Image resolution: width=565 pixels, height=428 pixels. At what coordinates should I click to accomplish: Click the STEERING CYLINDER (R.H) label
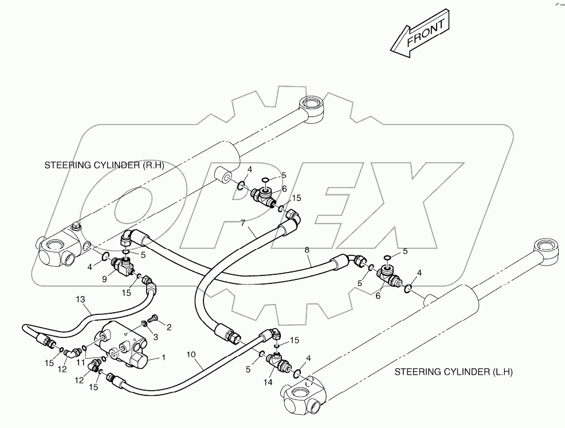[104, 166]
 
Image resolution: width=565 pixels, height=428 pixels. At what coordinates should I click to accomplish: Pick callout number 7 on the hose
[243, 222]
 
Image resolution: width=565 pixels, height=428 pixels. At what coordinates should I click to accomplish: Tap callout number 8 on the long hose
[308, 250]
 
